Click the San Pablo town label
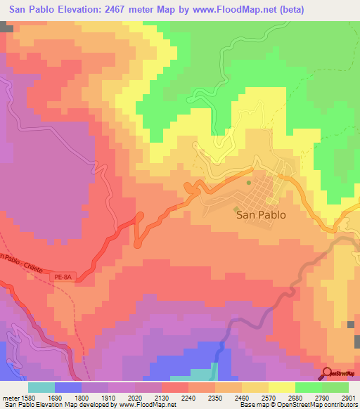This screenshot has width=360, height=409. click(261, 216)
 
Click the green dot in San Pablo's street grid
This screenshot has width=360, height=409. click(248, 183)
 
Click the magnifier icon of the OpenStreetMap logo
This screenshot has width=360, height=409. click(327, 372)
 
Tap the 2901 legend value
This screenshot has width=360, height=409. click(347, 397)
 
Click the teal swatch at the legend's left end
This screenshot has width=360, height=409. click(41, 387)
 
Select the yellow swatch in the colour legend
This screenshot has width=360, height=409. click(281, 387)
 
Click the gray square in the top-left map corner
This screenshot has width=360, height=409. click(6, 27)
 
